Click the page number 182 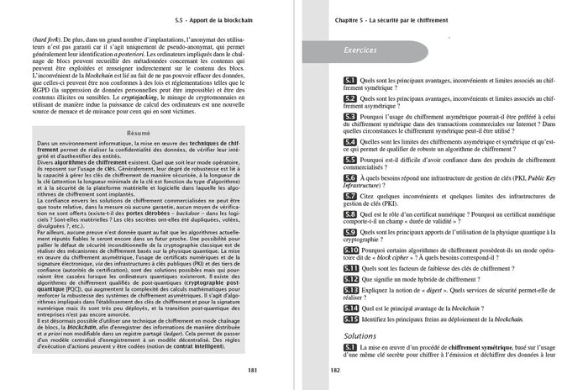(334, 371)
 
